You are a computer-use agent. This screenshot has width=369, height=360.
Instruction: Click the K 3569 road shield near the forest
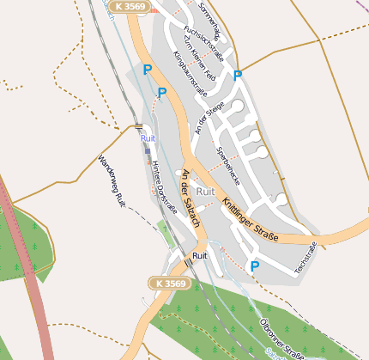tap(167, 283)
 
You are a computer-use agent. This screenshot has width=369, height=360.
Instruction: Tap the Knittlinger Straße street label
tap(250, 219)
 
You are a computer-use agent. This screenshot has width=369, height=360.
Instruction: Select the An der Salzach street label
tap(190, 198)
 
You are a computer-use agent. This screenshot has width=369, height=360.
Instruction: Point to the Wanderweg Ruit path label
tap(112, 179)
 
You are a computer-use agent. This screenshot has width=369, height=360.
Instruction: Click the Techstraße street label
tap(305, 258)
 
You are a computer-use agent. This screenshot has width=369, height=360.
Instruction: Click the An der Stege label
tap(209, 119)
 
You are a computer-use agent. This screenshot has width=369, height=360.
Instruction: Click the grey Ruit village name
tap(205, 191)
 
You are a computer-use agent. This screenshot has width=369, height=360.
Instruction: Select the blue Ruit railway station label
tap(148, 137)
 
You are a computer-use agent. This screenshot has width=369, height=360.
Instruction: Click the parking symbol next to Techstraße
tap(254, 266)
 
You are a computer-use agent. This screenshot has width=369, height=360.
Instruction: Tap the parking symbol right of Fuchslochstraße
tap(238, 76)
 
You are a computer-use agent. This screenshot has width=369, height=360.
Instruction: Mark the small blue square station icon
tap(147, 150)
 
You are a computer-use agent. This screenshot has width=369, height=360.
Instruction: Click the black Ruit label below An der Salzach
tap(200, 256)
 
